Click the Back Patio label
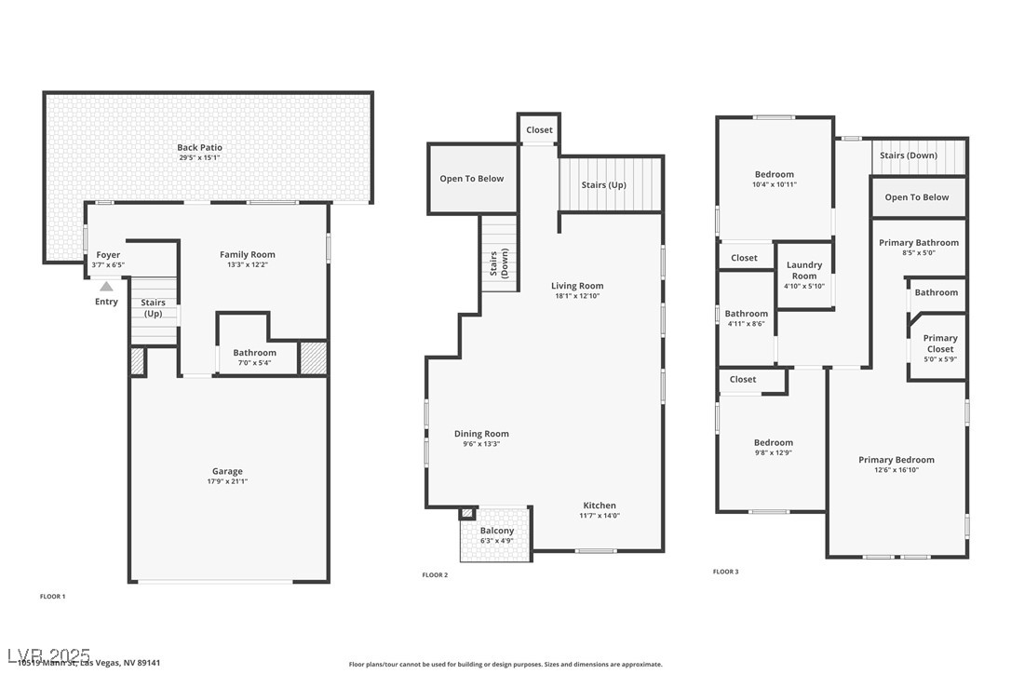point(200,148)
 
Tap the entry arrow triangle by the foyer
point(107,287)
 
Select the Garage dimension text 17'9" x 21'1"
point(227,481)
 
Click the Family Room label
point(248,255)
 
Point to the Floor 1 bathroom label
point(254,353)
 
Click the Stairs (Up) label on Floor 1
point(153,308)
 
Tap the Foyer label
point(108,255)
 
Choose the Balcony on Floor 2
point(497,532)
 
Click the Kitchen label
point(600,505)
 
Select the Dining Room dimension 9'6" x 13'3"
point(481,444)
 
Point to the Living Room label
point(577,286)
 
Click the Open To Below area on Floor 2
point(472,179)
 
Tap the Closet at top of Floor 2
point(539,130)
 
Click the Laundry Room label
point(804,270)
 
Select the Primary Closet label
point(939,344)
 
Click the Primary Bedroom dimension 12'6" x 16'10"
point(896,470)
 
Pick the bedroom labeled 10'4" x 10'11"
point(774,175)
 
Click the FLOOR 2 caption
point(435,575)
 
